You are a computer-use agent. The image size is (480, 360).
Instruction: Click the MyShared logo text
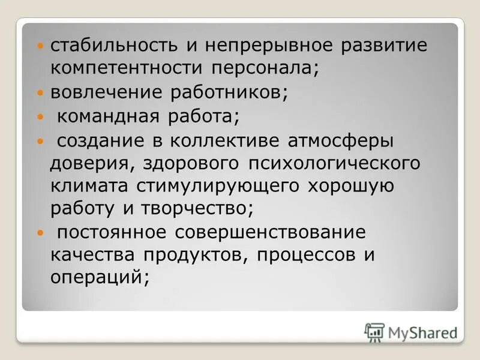tap(421, 331)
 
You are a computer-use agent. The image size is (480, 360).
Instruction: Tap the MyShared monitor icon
tap(374, 332)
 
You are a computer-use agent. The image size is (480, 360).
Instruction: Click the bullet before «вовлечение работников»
tap(40, 94)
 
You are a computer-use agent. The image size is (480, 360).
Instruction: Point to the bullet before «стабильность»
tap(40, 47)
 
